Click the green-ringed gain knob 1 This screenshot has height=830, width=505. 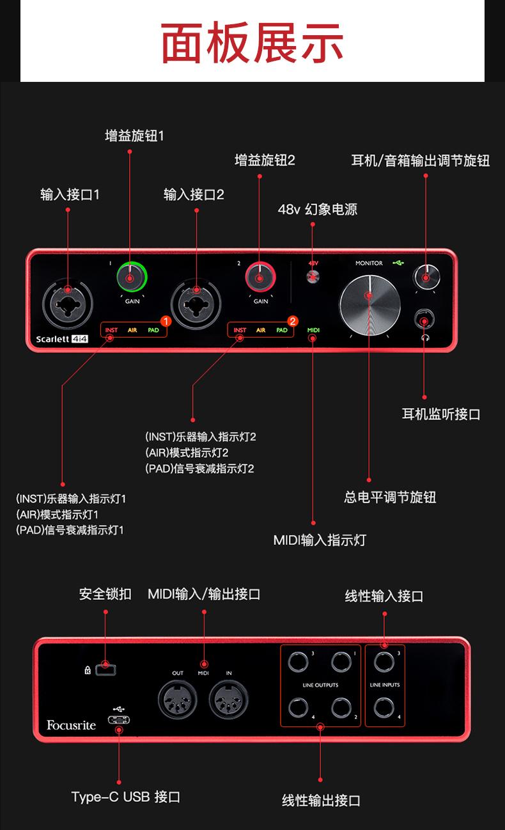pyautogui.click(x=132, y=278)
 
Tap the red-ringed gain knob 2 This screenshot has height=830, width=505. pyautogui.click(x=260, y=278)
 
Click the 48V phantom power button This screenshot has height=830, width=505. pyautogui.click(x=313, y=276)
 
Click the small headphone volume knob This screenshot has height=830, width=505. pyautogui.click(x=426, y=277)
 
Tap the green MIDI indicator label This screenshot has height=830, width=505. pyautogui.click(x=313, y=331)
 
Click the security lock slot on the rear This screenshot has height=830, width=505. pyautogui.click(x=106, y=670)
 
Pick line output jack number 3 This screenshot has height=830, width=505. pyautogui.click(x=298, y=662)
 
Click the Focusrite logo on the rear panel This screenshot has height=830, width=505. pyautogui.click(x=71, y=725)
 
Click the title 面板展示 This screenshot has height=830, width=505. pyautogui.click(x=252, y=43)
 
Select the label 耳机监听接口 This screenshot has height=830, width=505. pyautogui.click(x=441, y=414)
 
